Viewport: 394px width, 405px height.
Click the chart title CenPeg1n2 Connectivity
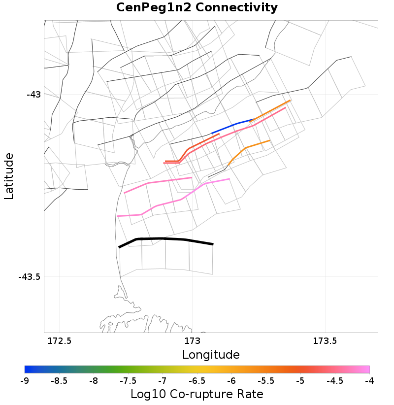click(x=197, y=8)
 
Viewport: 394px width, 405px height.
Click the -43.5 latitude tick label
click(x=29, y=277)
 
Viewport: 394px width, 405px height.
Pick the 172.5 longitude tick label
click(x=59, y=341)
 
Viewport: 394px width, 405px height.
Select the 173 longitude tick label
click(x=192, y=341)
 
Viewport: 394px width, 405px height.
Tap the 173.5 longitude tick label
click(x=325, y=341)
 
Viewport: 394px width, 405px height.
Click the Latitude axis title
click(x=9, y=176)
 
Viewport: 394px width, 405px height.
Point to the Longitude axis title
click(x=211, y=355)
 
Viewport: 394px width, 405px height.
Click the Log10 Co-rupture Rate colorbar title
click(x=197, y=395)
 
